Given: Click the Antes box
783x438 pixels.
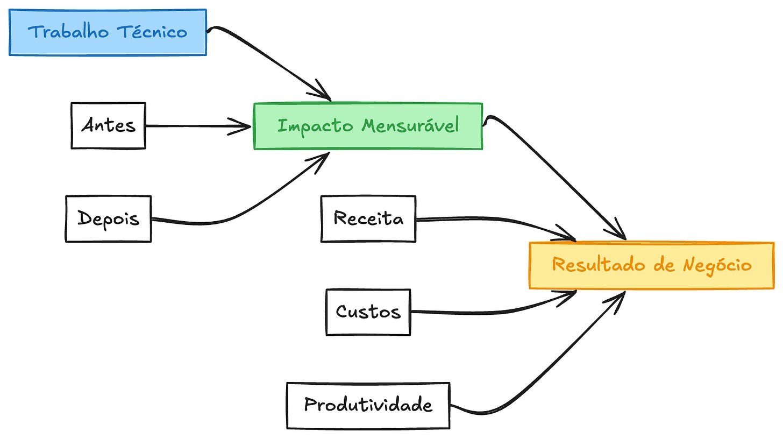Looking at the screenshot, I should click(108, 126).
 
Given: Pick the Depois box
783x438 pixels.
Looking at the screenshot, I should click(108, 219).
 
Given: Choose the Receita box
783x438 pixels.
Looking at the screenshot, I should click(368, 219).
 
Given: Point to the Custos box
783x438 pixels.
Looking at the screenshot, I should click(368, 312).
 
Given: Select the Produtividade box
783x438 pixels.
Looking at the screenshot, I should click(368, 405).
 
